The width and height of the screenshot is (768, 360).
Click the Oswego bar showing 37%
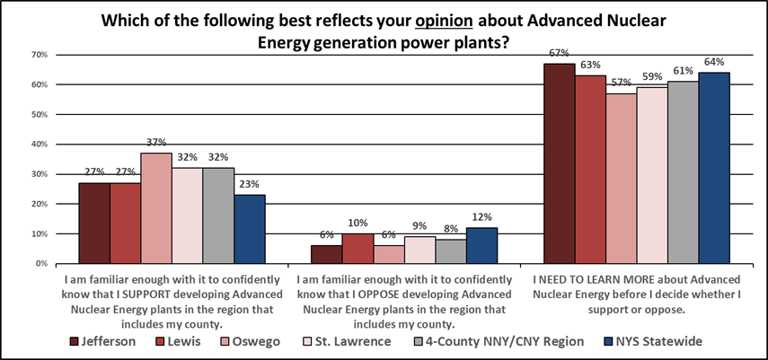coord(156,208)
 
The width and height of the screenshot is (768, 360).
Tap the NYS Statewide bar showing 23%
coord(249,229)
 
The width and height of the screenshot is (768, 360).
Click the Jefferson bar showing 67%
coord(559,163)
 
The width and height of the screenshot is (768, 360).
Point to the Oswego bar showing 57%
coord(621,179)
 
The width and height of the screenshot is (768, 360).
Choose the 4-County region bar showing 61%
coord(683,172)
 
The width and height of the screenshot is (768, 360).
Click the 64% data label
coord(714,63)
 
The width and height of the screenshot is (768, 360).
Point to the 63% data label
coord(590,66)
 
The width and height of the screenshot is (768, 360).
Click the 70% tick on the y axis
coord(40,55)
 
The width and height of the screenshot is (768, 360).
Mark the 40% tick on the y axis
coord(40,145)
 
